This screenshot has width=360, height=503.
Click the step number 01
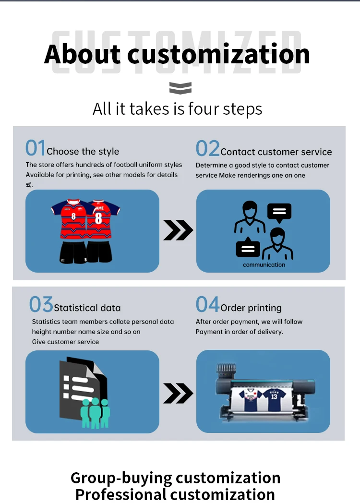click(36, 148)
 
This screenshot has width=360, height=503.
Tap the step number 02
click(207, 149)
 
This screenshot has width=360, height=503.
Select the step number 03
click(41, 305)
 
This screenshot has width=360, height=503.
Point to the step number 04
click(207, 305)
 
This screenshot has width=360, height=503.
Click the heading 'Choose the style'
click(83, 152)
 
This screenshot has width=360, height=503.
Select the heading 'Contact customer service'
click(276, 152)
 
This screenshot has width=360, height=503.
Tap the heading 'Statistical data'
click(87, 308)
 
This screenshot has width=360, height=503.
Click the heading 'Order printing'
click(251, 308)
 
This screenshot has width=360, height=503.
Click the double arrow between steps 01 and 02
click(178, 231)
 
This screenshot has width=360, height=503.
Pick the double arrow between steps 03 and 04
click(178, 394)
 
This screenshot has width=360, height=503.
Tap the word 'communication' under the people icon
click(264, 265)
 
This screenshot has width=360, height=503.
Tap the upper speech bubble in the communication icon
click(279, 212)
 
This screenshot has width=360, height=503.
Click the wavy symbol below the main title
click(180, 88)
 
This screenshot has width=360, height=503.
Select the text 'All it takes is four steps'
click(178, 109)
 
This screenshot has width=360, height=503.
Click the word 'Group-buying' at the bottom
click(120, 478)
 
